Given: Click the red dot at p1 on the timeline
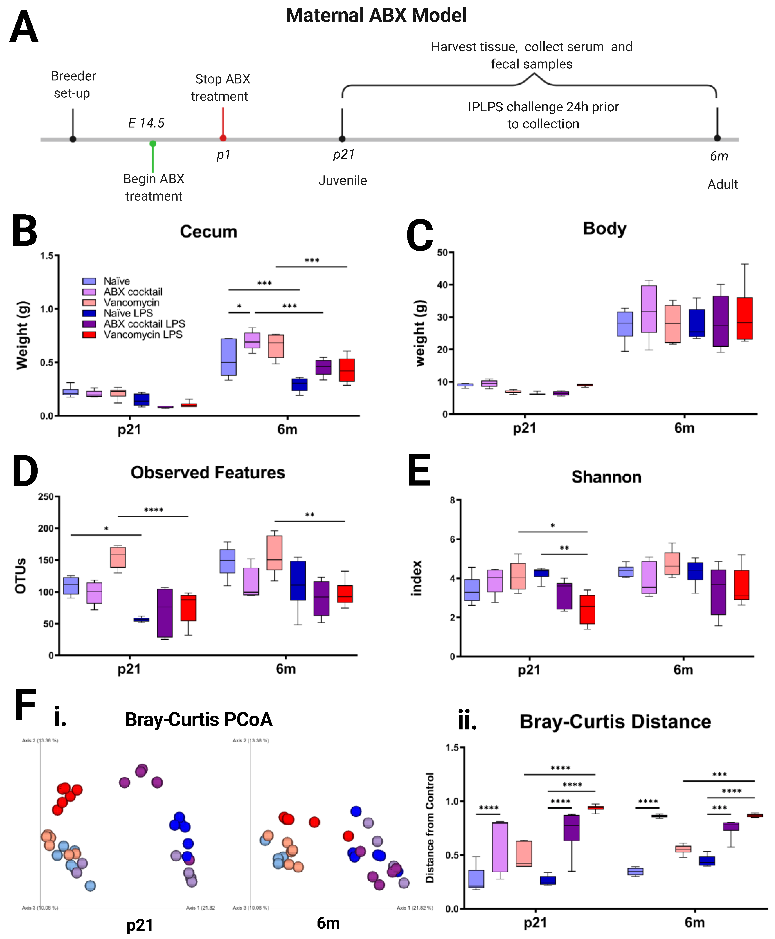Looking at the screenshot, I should pos(223,138).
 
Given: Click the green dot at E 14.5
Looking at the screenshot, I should pos(153,144).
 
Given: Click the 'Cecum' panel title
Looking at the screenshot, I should pos(208,232).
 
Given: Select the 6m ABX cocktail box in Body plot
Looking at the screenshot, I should pos(649,309).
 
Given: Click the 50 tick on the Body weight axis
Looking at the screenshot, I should pos(442,253).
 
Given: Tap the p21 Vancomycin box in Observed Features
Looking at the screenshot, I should pos(118,557).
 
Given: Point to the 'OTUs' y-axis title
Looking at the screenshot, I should pos(21,576).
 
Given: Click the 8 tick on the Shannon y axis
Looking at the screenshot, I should pos(452,500).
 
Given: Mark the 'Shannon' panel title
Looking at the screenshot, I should pos(606,477).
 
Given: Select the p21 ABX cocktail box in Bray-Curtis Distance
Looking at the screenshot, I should pos(500,847).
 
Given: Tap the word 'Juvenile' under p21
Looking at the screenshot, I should pos(342,181).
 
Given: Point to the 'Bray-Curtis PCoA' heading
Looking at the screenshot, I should pos(199,720).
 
